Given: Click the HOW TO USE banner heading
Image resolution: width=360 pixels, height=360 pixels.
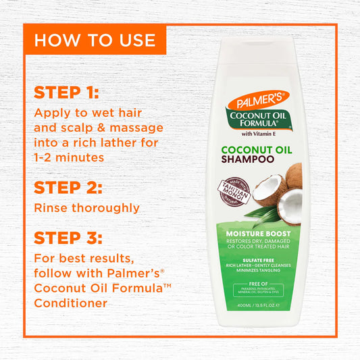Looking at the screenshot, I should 95,39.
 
